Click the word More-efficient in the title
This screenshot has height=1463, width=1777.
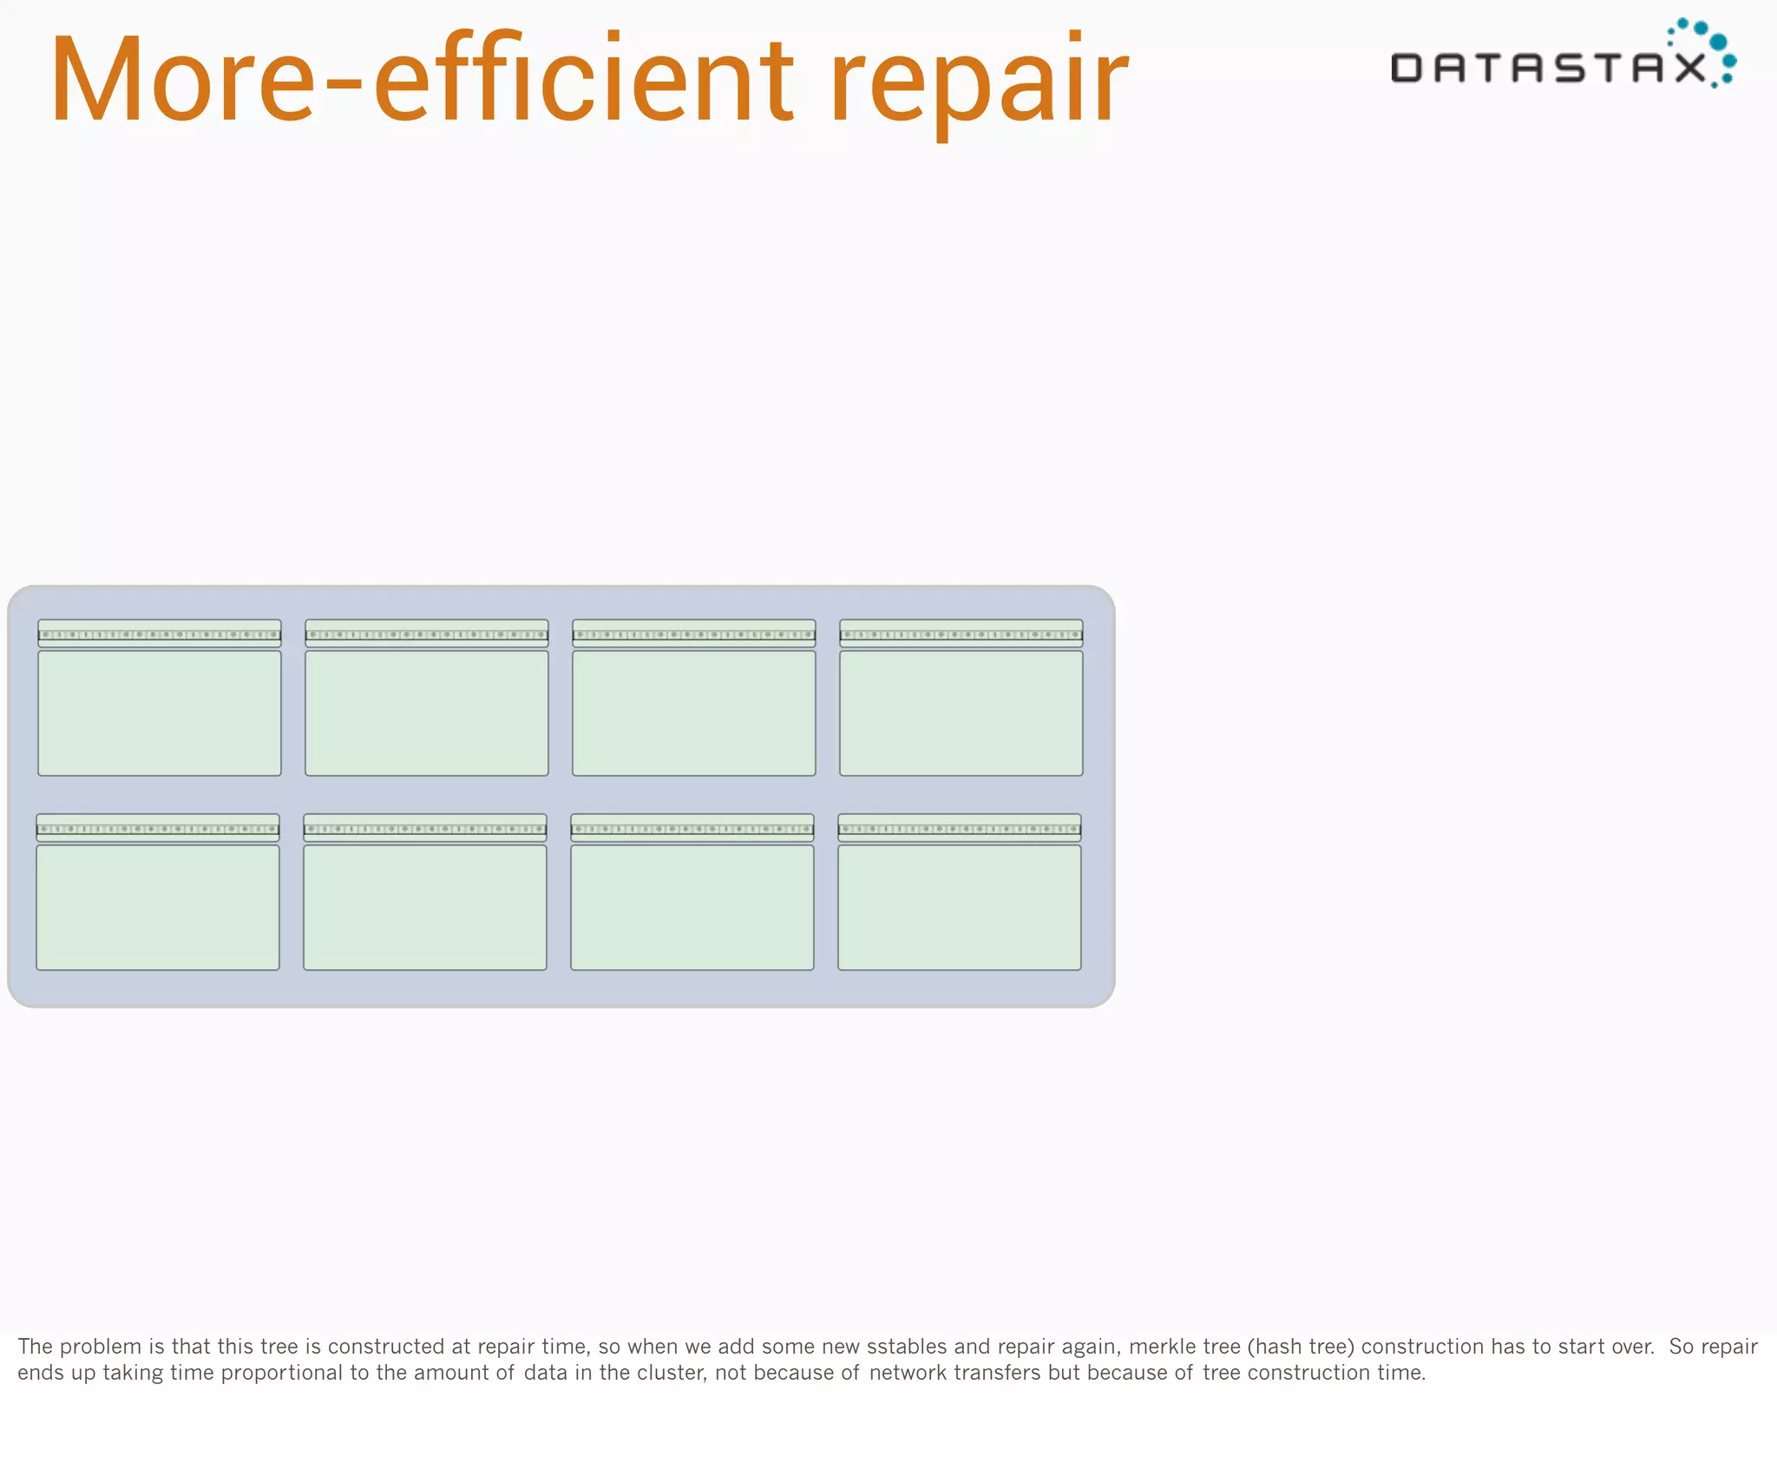pos(421,80)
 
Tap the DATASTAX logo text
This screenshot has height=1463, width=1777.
pos(1548,68)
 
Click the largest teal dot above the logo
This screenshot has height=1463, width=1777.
pos(1717,43)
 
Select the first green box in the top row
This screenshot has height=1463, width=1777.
pos(160,712)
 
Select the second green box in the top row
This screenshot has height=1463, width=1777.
pos(427,712)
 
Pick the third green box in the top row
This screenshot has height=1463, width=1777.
pos(694,712)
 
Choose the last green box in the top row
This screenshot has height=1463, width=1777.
pos(961,712)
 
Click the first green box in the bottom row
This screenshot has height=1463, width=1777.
pos(158,907)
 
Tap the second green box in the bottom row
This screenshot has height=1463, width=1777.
pos(425,907)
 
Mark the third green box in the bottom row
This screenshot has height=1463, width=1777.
pos(692,907)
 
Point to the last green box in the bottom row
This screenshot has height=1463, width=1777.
pos(960,907)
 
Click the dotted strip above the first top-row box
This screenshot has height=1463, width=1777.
pos(160,634)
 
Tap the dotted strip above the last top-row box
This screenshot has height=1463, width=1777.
pos(961,634)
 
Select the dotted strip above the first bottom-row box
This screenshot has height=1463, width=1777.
pos(158,829)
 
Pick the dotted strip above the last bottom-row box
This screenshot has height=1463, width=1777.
pos(960,829)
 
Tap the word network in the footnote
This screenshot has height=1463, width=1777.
pos(908,1373)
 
